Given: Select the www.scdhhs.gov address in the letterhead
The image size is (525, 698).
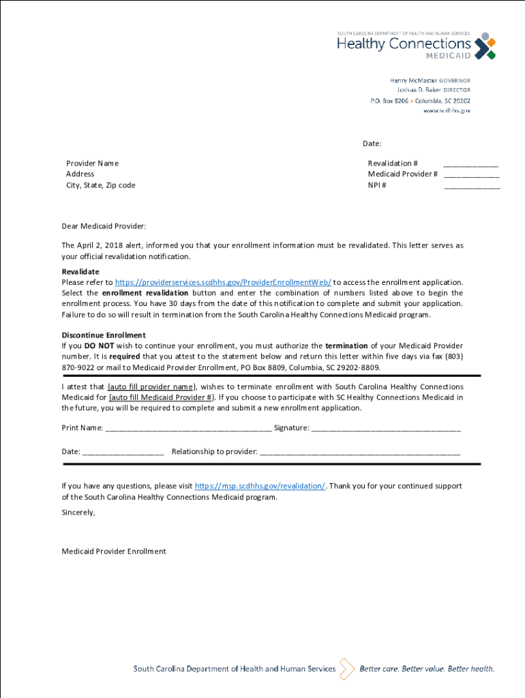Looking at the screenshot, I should point(447,110).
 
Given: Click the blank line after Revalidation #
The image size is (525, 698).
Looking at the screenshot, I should point(470,165).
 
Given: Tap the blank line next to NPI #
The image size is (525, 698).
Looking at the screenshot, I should point(472,187).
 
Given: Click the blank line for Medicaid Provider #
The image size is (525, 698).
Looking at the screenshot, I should point(472,176).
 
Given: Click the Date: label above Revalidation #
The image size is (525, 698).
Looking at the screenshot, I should point(372,144).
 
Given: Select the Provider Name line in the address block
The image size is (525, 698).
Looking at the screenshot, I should point(92,163).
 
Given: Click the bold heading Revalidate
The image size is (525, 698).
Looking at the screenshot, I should point(80,271).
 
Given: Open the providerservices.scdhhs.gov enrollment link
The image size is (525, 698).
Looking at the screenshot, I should point(223,282).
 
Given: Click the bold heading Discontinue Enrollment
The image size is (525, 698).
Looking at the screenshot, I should point(104,335).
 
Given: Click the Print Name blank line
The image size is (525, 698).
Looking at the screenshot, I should point(188,429).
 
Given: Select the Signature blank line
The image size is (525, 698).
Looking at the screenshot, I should point(386,429).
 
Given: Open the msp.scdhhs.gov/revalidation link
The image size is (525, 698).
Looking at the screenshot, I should point(260,486).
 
